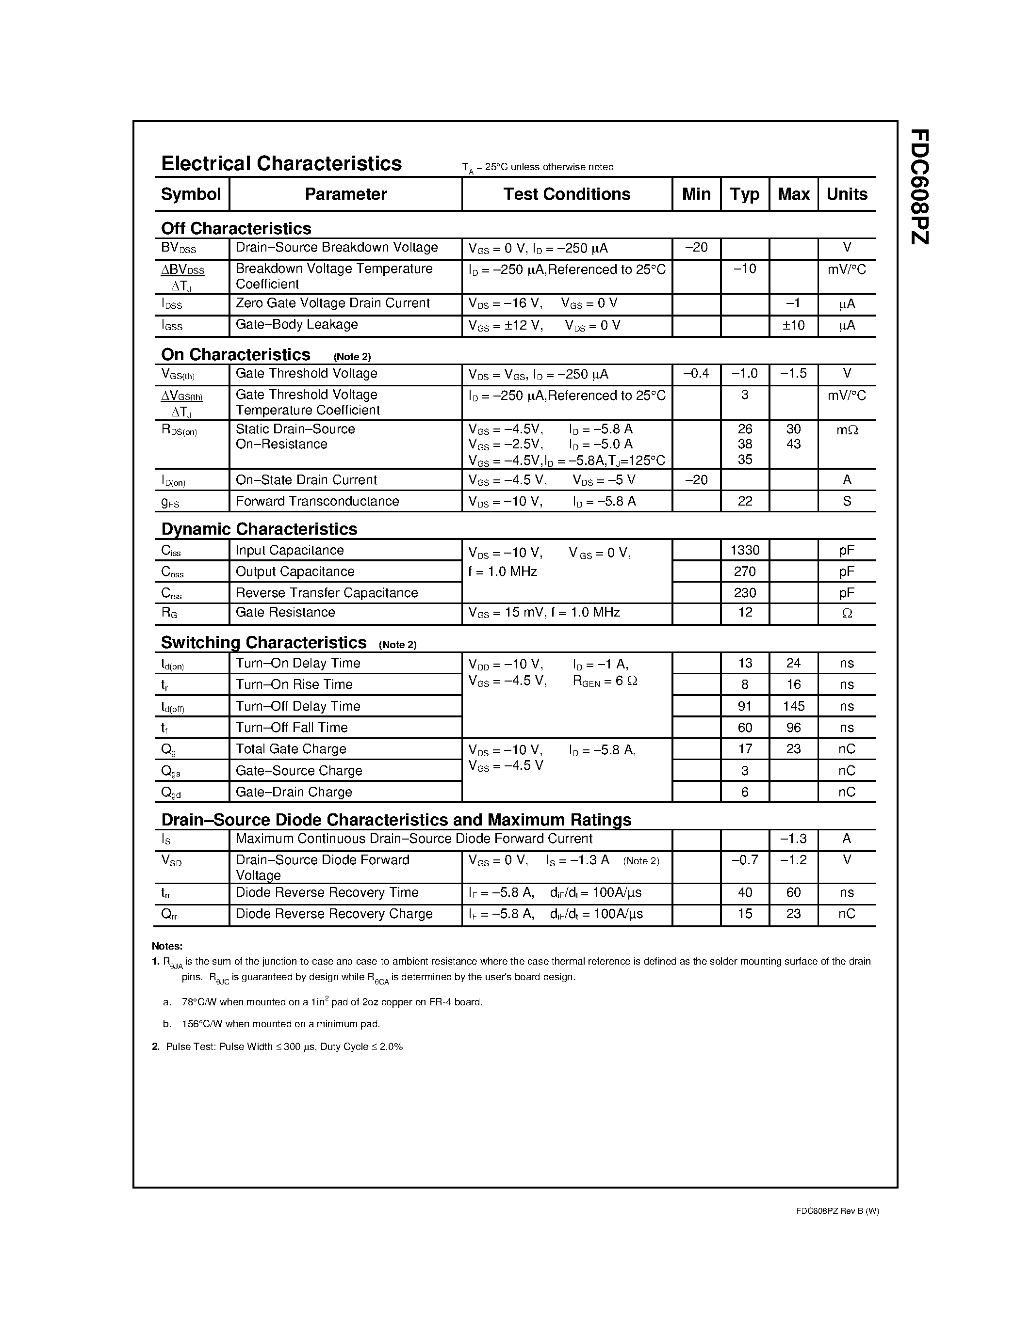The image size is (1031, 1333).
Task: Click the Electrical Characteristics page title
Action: [281, 163]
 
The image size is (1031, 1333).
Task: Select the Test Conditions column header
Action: [566, 194]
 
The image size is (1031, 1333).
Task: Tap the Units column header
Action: [847, 194]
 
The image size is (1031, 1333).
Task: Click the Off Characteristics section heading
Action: [236, 228]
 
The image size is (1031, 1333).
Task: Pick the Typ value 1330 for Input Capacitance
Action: [745, 551]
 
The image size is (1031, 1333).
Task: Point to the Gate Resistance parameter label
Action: [285, 612]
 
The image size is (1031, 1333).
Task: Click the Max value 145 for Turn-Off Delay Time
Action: [793, 706]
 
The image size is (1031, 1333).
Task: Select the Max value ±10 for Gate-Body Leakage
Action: [793, 325]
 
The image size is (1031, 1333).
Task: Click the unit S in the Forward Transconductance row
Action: [847, 501]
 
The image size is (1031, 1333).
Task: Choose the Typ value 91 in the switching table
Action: [745, 706]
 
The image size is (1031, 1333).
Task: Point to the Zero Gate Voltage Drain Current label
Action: [332, 303]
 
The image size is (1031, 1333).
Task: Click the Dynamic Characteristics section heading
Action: [259, 528]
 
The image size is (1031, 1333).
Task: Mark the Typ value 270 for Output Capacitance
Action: [745, 572]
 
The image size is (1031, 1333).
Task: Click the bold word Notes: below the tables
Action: [167, 947]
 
